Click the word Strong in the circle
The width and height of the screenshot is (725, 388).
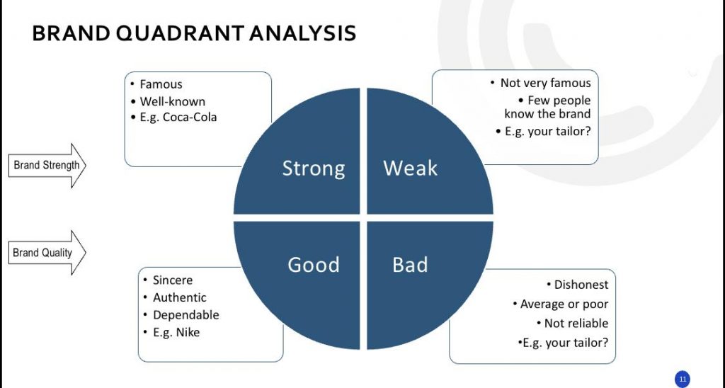pos(314,169)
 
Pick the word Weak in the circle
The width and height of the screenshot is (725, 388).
pos(410,168)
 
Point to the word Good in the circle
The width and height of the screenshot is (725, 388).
pos(314,265)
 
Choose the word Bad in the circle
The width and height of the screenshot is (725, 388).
pos(410,265)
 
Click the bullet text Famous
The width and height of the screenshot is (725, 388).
pos(161,84)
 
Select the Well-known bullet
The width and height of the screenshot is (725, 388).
pos(173,101)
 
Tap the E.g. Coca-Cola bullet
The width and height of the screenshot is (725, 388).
pos(178,117)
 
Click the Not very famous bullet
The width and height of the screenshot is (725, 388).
pos(546,84)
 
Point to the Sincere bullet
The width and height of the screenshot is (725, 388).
pos(173,280)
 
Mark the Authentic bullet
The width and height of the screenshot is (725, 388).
pos(179,297)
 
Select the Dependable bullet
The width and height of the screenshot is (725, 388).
pos(186,315)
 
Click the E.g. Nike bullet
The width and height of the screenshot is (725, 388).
pos(176,333)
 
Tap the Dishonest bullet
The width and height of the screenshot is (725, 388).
pos(581,285)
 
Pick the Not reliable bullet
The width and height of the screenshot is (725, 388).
pos(576,324)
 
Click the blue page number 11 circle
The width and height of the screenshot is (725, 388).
pos(683,380)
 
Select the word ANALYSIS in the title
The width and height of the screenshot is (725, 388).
pos(302,33)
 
